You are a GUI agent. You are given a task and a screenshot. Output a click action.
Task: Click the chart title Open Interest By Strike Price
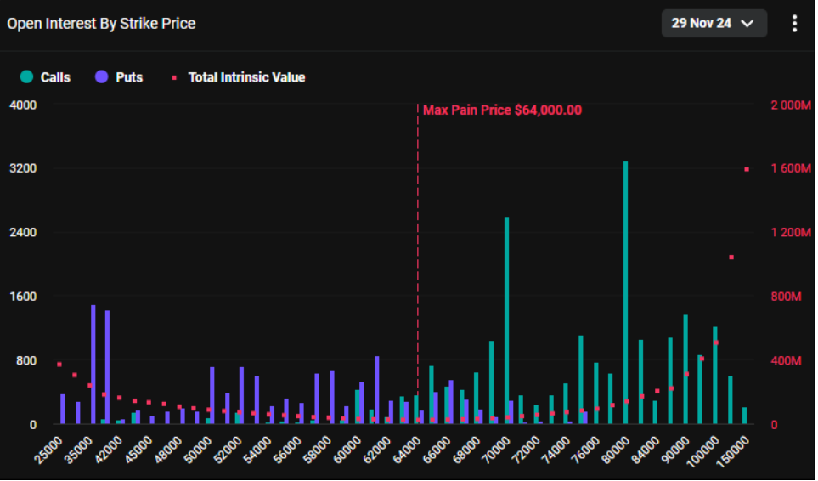click(x=101, y=24)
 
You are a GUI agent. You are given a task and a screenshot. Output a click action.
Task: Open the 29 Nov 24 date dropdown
click(x=714, y=24)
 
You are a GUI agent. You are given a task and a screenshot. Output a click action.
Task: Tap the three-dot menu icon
click(x=794, y=24)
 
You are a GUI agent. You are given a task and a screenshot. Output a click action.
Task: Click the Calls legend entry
click(x=45, y=77)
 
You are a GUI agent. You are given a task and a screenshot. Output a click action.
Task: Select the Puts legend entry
click(x=119, y=77)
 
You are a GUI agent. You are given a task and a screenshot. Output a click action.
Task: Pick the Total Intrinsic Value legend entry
click(x=239, y=77)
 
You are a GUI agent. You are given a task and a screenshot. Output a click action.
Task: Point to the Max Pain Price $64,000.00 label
click(x=502, y=110)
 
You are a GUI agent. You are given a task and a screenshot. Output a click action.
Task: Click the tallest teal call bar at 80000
click(x=625, y=292)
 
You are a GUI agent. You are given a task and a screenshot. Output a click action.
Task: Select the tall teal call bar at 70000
click(x=506, y=320)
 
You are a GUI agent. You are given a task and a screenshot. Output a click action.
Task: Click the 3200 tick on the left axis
click(x=23, y=168)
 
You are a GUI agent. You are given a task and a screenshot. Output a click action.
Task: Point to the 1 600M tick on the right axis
click(x=791, y=168)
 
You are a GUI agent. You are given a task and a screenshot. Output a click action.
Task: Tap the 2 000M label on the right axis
click(x=791, y=105)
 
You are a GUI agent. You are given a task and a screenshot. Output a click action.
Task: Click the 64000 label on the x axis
click(x=408, y=450)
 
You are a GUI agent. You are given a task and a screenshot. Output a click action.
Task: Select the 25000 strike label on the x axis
click(x=48, y=450)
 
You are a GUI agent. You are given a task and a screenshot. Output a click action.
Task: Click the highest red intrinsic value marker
click(x=747, y=169)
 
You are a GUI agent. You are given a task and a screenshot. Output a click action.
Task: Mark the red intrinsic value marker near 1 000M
click(x=731, y=257)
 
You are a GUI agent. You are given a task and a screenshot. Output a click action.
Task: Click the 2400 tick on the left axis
click(x=23, y=232)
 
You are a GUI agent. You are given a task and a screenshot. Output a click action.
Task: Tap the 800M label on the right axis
click(x=787, y=297)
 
